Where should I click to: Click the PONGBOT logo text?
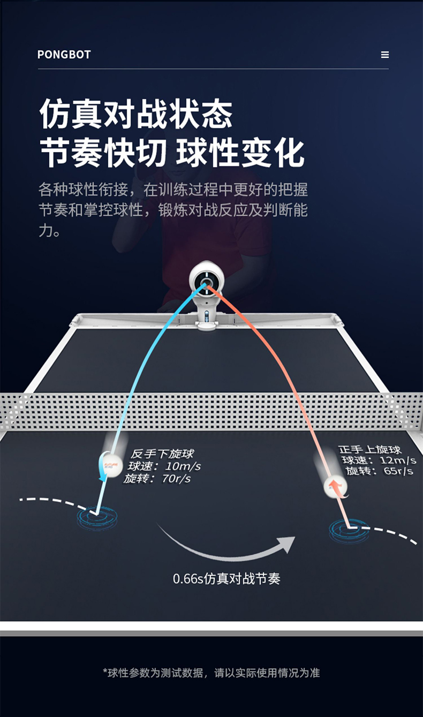click(x=64, y=55)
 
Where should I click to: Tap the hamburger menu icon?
click(x=384, y=55)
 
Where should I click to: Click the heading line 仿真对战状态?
click(x=136, y=114)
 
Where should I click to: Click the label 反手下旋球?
click(x=162, y=454)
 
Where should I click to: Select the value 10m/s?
click(x=183, y=466)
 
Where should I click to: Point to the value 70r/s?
click(x=176, y=479)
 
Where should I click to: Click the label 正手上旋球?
click(x=370, y=449)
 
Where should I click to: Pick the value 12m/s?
click(x=397, y=461)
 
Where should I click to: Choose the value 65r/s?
click(x=394, y=471)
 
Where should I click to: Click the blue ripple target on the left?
click(x=97, y=517)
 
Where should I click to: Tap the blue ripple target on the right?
click(x=349, y=530)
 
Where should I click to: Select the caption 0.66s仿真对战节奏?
click(x=226, y=579)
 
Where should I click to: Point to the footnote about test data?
click(x=211, y=673)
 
